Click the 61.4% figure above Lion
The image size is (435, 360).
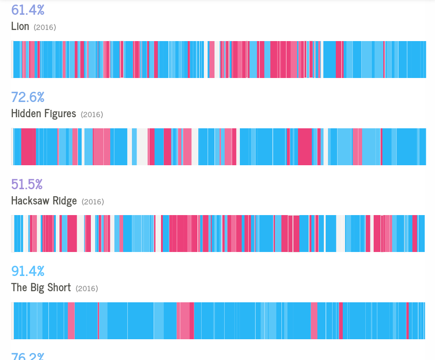pyautogui.click(x=28, y=9)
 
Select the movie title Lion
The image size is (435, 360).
pyautogui.click(x=20, y=26)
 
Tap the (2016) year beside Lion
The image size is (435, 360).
pyautogui.click(x=45, y=27)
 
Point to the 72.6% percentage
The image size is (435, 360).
pyautogui.click(x=28, y=97)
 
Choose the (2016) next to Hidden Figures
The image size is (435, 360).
pyautogui.click(x=92, y=114)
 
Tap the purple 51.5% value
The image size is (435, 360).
pyautogui.click(x=27, y=184)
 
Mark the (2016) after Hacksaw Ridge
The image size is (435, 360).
pyautogui.click(x=93, y=202)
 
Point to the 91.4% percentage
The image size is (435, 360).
pyautogui.click(x=28, y=271)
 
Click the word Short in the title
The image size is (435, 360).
pyautogui.click(x=59, y=288)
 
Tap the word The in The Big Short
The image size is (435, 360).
pyautogui.click(x=19, y=288)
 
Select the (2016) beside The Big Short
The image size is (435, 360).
pyautogui.click(x=87, y=288)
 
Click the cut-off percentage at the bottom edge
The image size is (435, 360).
pyautogui.click(x=28, y=356)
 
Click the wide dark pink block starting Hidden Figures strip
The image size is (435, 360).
pyautogui.click(x=28, y=146)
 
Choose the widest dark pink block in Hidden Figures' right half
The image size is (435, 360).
pyautogui.click(x=304, y=146)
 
